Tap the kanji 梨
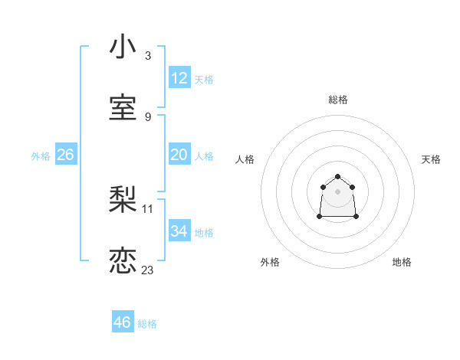pos(123,201)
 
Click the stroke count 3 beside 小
pos(147,56)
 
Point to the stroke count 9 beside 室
pos(147,117)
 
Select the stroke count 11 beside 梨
pos(148,208)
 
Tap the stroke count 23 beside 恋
pos(148,270)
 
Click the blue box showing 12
pos(179,78)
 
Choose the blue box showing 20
pos(179,155)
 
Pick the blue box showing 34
pos(179,231)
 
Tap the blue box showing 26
pos(65,155)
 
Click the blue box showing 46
pos(122,322)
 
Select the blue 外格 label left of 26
pos(41,156)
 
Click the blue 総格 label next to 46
pos(147,324)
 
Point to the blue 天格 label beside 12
pos(204,80)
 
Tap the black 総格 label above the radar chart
pos(337,100)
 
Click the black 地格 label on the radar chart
pos(402,262)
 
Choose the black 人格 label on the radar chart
pos(245,159)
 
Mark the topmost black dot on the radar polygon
pos(337,177)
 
